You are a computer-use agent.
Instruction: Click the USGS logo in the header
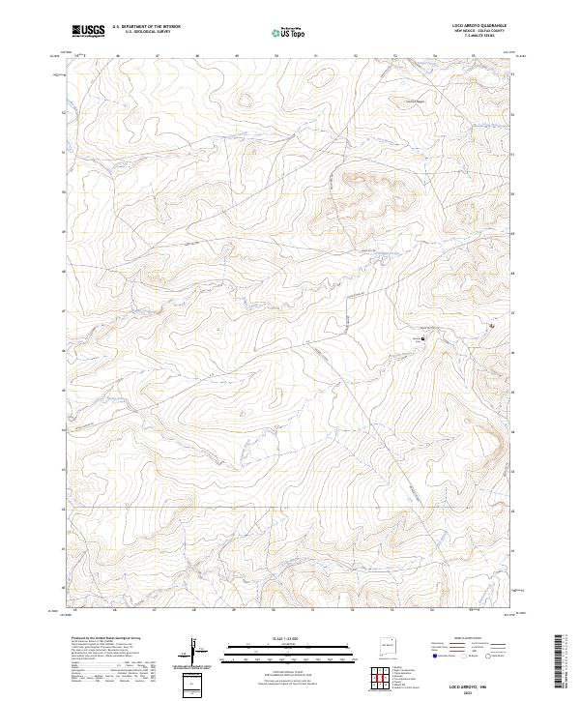88,30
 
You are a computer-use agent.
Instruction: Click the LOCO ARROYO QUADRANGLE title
471,26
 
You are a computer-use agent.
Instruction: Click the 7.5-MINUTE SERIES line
471,37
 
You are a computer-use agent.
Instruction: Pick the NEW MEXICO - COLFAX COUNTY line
471,32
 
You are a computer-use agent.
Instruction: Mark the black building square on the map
421,339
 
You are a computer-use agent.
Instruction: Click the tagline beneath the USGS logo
88,36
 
